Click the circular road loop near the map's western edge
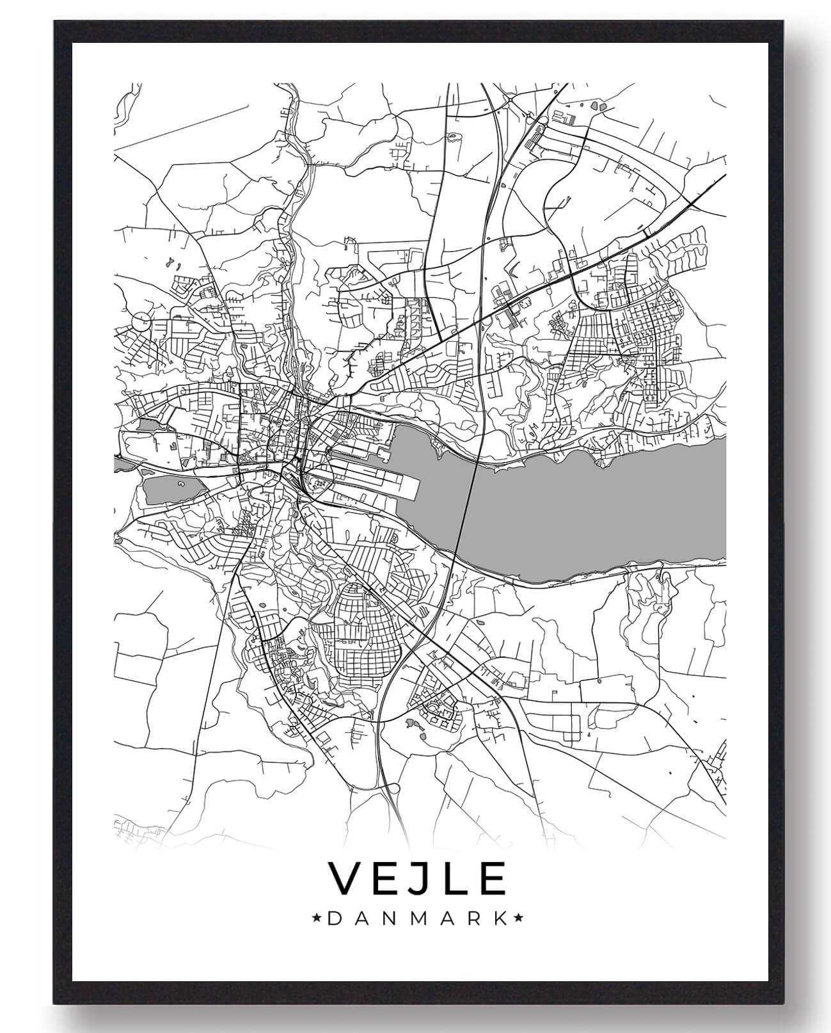[x=141, y=321]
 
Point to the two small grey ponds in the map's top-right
[x=598, y=105]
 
